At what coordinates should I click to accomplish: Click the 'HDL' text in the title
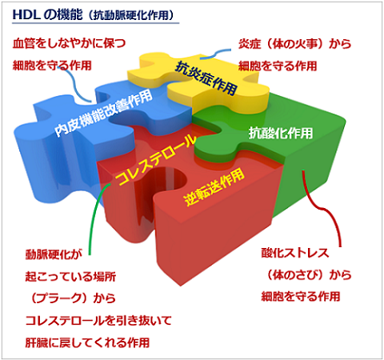tap(26, 14)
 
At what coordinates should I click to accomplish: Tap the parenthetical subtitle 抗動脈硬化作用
tap(131, 15)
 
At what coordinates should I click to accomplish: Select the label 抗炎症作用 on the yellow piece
tap(206, 78)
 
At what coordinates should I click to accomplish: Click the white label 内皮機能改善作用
tap(103, 114)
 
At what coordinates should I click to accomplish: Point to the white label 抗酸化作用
tap(281, 133)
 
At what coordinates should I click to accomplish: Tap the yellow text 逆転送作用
tap(214, 187)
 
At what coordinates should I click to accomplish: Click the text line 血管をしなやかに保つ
tap(69, 43)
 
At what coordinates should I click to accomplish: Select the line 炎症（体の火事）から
tap(294, 44)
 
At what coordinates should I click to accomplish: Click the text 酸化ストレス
tap(295, 253)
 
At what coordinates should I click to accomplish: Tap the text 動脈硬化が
tap(54, 254)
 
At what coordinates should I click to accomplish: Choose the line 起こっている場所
tap(70, 277)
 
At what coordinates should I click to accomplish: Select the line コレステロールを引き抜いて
tap(98, 321)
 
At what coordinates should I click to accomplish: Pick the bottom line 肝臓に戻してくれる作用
tap(87, 342)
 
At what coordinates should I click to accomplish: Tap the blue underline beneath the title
tap(95, 23)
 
